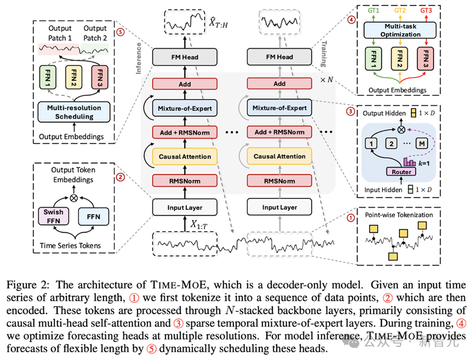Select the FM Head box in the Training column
coord(279,56)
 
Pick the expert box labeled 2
coord(391,144)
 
